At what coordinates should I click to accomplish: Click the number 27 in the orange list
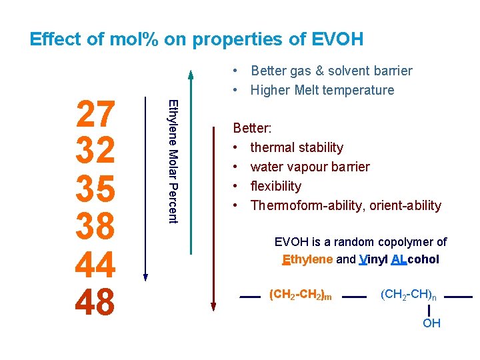(x=97, y=115)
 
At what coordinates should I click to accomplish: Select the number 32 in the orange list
(x=97, y=152)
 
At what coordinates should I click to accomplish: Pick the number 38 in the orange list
(x=97, y=227)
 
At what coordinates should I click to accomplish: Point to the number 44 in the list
(x=97, y=265)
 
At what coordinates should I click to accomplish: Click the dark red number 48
(x=97, y=302)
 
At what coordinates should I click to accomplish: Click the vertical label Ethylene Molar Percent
(x=173, y=161)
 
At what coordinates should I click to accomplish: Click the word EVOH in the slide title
(x=337, y=39)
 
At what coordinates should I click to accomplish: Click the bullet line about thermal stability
(x=297, y=147)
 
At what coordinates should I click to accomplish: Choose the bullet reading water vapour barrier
(x=310, y=167)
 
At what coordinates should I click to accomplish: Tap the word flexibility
(x=275, y=186)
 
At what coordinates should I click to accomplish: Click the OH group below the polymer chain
(x=431, y=323)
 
